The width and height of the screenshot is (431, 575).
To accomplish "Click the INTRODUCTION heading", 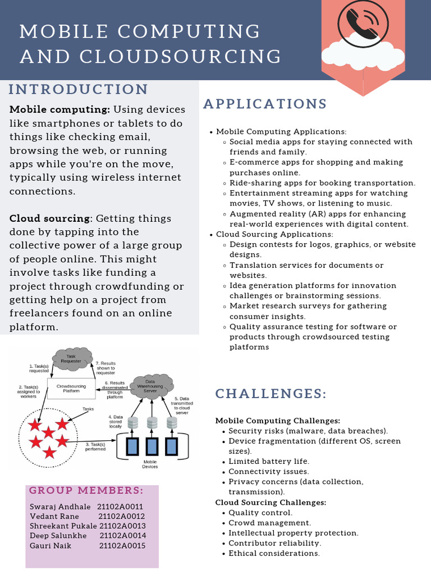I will pyautogui.click(x=79, y=90).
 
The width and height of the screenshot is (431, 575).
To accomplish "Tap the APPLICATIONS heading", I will pyautogui.click(x=265, y=104).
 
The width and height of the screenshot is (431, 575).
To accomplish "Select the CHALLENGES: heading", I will pyautogui.click(x=271, y=394).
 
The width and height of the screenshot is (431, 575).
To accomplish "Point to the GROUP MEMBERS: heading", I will pyautogui.click(x=86, y=491).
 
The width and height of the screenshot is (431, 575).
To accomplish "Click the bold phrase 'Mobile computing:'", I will pyautogui.click(x=59, y=109).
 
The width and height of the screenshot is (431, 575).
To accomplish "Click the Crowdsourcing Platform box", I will pyautogui.click(x=71, y=388).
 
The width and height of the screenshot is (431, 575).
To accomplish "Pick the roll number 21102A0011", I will pyautogui.click(x=120, y=506).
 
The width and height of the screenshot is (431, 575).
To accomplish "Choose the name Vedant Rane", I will pyautogui.click(x=53, y=517).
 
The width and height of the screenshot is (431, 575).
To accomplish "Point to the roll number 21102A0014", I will pyautogui.click(x=122, y=536).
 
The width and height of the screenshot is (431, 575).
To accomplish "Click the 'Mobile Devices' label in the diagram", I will pyautogui.click(x=150, y=464).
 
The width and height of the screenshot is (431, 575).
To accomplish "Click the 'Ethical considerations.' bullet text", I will pyautogui.click(x=274, y=554).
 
